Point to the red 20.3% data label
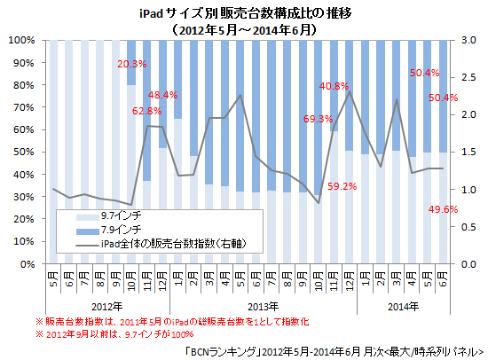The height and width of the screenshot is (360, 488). tap(131, 64)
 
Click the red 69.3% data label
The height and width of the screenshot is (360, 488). tap(318, 118)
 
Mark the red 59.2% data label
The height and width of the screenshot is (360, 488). tap(342, 186)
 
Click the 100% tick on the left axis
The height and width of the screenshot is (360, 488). tap(21, 41)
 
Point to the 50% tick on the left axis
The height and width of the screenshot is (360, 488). tap(24, 153)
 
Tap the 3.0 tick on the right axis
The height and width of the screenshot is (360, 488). tap(469, 41)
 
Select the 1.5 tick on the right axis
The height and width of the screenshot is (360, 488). tap(469, 153)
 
